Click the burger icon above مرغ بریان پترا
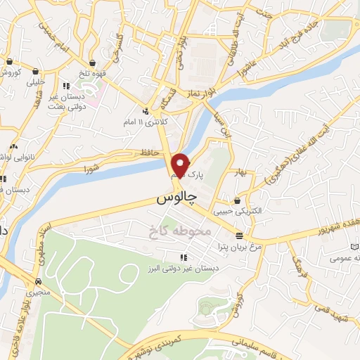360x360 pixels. point(240,235)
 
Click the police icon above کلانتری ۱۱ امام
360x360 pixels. point(146,111)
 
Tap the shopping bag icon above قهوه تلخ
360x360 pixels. point(94,61)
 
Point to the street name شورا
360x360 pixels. point(94,168)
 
